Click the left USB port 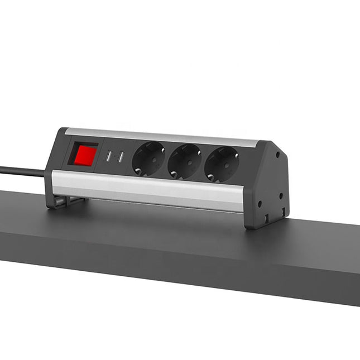coord(109,157)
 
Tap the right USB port coord(120,158)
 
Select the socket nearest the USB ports coord(148,159)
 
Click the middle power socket coord(185,161)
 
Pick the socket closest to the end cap coord(222,164)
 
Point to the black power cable coord(22,170)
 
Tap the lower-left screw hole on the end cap coord(259,204)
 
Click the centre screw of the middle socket coord(185,162)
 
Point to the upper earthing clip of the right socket coord(223,150)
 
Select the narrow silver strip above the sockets coord(162,136)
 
